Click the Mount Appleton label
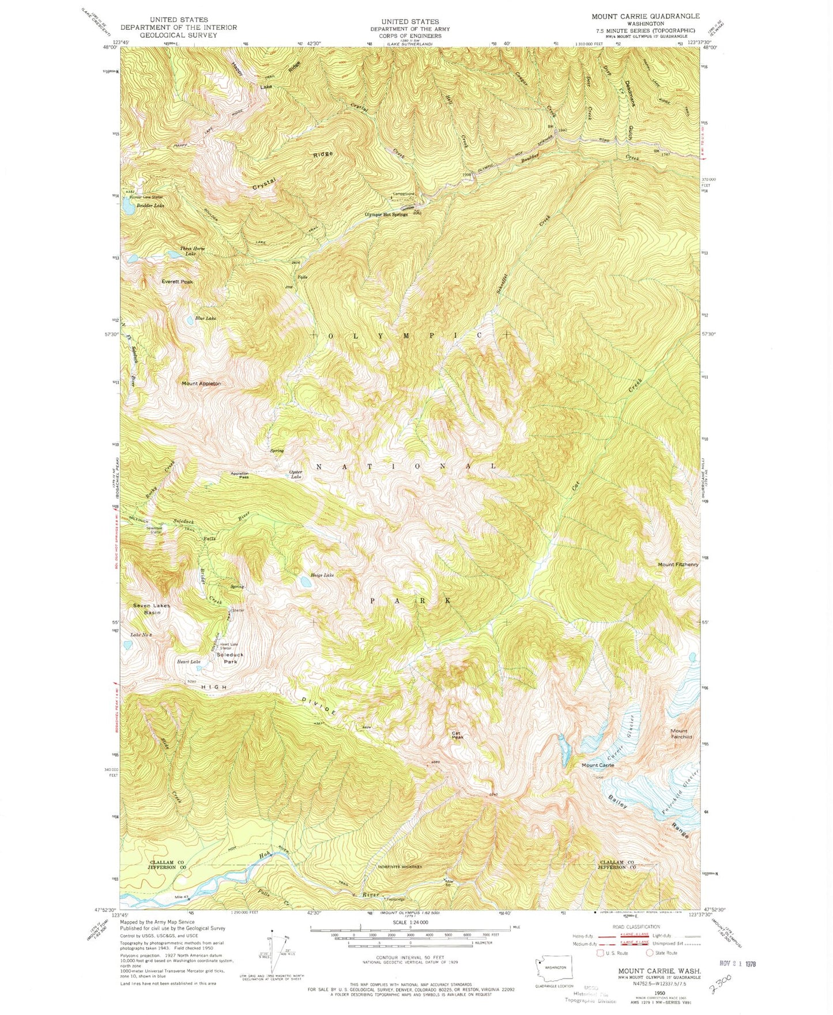pos(201,383)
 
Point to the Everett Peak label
pos(177,282)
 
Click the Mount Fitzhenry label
pos(678,564)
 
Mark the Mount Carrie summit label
pos(598,765)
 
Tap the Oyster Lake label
pos(295,475)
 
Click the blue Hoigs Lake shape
pos(304,582)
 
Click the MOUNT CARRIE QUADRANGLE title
pos(645,16)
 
